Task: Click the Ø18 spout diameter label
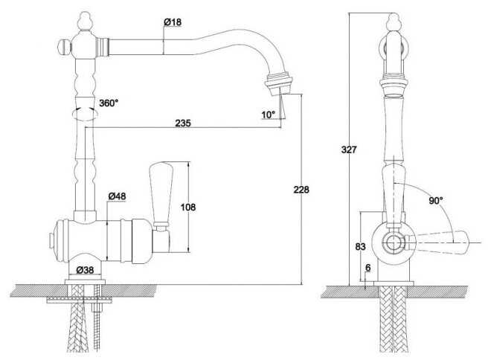pos(173,22)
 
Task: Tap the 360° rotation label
pos(109,103)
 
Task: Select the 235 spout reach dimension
pos(183,123)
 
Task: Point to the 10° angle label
pos(269,115)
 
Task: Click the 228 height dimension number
pos(301,190)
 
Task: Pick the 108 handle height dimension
pos(188,207)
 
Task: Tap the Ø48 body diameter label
pos(117,196)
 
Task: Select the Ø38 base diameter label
pos(85,269)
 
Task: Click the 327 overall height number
pos(349,150)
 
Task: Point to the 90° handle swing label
pos(436,201)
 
